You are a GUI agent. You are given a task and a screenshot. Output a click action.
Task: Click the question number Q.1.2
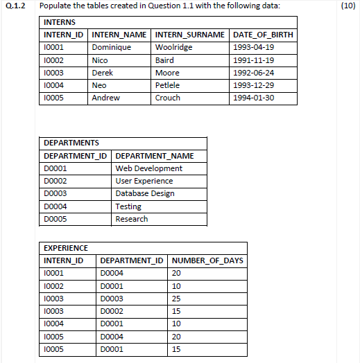[15, 6]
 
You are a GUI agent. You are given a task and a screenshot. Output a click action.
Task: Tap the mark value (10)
[348, 6]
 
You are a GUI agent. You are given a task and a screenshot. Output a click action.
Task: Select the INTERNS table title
[59, 22]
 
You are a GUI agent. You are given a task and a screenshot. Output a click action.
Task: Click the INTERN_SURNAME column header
[189, 35]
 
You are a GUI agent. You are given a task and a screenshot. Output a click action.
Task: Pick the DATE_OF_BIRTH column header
[263, 35]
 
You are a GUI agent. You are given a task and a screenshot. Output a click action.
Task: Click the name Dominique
[111, 47]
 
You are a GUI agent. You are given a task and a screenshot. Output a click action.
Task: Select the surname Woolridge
[173, 47]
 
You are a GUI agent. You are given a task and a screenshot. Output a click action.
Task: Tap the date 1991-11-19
[255, 60]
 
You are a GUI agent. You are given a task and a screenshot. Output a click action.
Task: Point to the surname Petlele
[167, 85]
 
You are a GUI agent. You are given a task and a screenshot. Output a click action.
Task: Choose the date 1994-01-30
[255, 98]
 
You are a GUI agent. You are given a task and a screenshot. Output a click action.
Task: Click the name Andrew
[105, 98]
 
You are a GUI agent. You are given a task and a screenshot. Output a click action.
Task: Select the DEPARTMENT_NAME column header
[155, 156]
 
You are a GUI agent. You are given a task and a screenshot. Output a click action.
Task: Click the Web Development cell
[148, 168]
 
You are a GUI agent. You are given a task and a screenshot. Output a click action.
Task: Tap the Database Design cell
[145, 193]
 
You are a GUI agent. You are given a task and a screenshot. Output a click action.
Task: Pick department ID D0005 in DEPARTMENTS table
[55, 219]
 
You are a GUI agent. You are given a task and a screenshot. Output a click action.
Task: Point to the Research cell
[132, 219]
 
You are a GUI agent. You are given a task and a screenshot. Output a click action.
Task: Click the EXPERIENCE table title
[66, 247]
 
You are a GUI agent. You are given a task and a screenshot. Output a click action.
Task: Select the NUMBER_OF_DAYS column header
[207, 260]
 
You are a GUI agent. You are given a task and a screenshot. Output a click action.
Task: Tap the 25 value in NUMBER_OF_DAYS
[176, 298]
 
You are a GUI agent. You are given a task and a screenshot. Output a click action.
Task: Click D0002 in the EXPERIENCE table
[112, 310]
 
